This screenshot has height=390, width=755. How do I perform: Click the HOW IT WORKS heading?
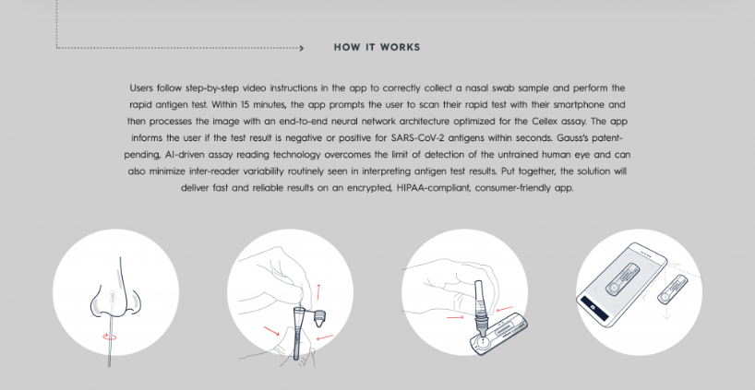pos(377,47)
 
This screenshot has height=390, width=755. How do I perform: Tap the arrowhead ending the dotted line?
pos(302,48)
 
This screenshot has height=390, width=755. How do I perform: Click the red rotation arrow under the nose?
pos(110,337)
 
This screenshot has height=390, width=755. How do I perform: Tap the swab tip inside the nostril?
pos(114,297)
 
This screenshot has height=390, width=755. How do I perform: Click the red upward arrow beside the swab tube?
pos(318,291)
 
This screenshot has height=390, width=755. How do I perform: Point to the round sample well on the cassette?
pos(483,342)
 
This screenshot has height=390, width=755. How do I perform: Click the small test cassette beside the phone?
pos(673,290)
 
